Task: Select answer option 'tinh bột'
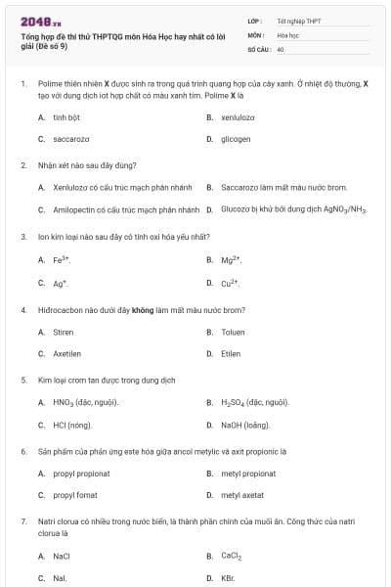66,116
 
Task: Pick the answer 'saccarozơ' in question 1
71,139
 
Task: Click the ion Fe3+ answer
62,260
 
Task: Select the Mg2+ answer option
232,260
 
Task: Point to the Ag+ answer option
61,283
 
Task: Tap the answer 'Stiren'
64,332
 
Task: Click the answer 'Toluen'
232,332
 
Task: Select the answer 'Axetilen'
66,354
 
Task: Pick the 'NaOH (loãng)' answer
243,426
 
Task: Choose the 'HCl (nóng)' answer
72,426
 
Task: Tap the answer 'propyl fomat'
75,496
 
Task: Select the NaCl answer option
62,556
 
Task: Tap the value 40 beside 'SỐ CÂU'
281,48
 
